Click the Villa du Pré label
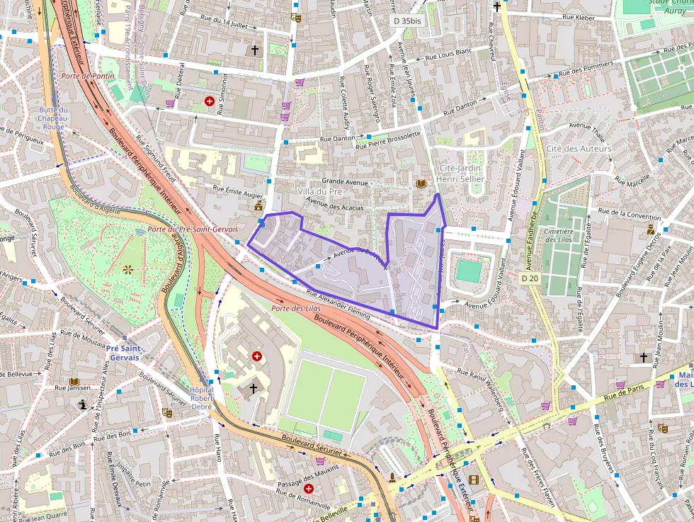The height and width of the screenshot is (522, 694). pyautogui.click(x=319, y=192)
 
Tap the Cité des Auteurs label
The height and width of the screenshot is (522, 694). pyautogui.click(x=578, y=149)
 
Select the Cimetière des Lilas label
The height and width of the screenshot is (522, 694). pyautogui.click(x=564, y=235)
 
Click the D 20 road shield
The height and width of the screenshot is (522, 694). pyautogui.click(x=529, y=278)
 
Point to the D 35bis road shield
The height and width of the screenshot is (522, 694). pyautogui.click(x=407, y=21)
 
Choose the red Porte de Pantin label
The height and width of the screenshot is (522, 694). pyautogui.click(x=87, y=76)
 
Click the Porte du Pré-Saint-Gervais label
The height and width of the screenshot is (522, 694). pyautogui.click(x=193, y=229)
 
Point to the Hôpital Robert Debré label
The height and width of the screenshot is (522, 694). pyautogui.click(x=202, y=399)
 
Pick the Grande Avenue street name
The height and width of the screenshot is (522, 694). pyautogui.click(x=345, y=182)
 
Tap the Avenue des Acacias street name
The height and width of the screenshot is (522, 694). pyautogui.click(x=334, y=203)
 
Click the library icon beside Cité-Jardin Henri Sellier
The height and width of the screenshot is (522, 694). pyautogui.click(x=421, y=184)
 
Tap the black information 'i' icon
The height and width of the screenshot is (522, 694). pyautogui.click(x=83, y=404)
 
